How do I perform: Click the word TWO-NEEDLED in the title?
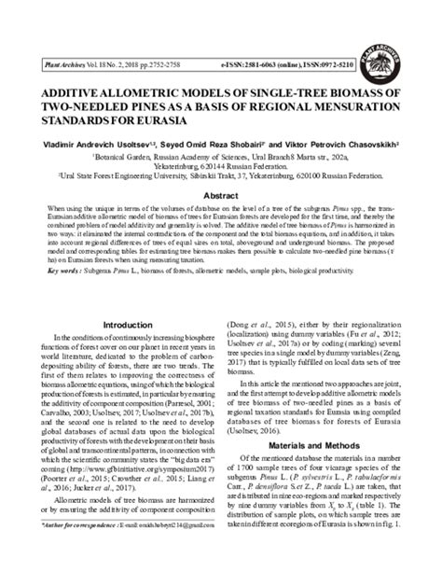coord(94,108)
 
